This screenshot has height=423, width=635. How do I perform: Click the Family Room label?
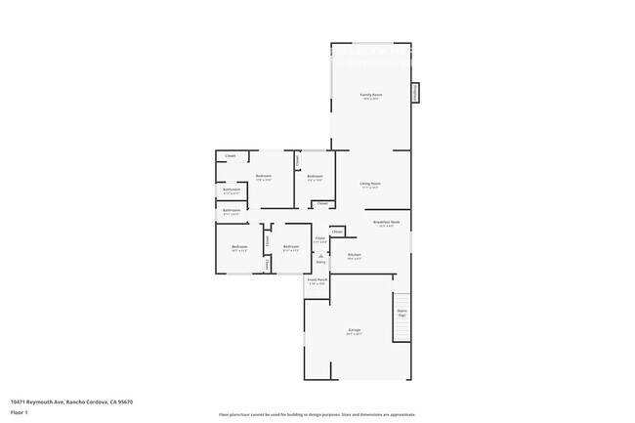coord(370,95)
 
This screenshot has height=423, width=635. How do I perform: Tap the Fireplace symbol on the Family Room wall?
coord(414,92)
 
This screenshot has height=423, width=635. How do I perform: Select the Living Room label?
coord(369,184)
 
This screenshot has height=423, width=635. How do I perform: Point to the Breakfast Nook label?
coord(386,223)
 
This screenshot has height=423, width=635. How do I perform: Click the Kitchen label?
coord(355,256)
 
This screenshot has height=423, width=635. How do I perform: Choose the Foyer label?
coord(319,237)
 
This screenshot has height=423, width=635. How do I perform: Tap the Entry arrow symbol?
coord(319,255)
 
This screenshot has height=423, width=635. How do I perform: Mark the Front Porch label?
coord(317,279)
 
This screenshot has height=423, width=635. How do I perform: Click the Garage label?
coord(355,330)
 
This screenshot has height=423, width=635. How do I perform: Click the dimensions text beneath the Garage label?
coord(355,335)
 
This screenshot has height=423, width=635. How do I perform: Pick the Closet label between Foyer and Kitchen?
coord(337,232)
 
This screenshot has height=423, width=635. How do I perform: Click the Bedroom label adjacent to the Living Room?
coord(315,177)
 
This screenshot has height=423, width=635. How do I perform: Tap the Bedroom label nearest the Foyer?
coord(291,246)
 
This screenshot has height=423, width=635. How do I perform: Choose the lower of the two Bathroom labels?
coord(232,210)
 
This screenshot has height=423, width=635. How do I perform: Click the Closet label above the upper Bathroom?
coord(231,156)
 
